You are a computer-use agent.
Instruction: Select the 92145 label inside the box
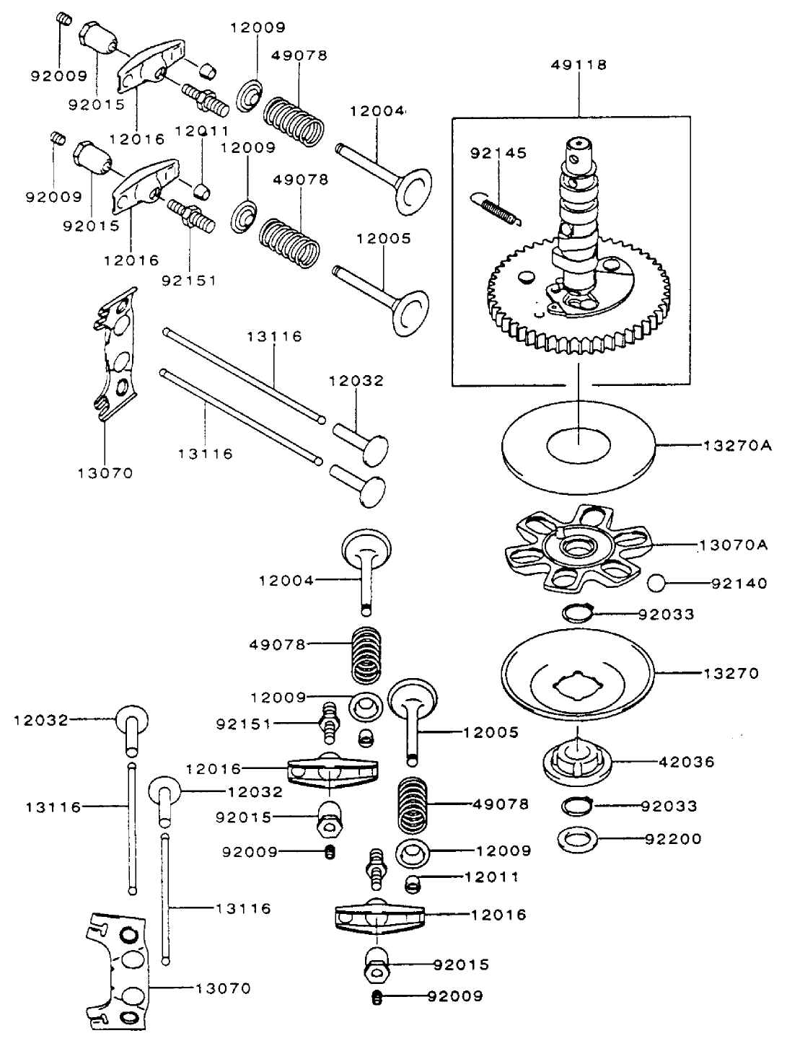tap(498, 153)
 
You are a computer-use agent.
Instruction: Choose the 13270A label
tap(737, 446)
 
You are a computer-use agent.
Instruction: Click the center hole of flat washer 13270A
tap(579, 445)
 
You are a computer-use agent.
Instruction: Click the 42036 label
tap(686, 762)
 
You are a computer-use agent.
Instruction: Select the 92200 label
tap(672, 839)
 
